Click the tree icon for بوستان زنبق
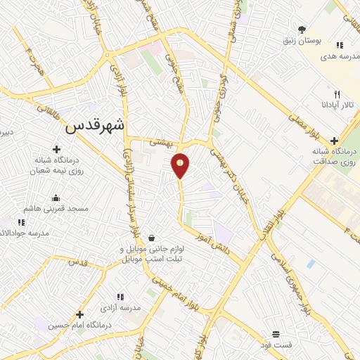coord(302,29)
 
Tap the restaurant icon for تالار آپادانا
coord(337,94)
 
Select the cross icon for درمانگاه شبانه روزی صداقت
coord(334,141)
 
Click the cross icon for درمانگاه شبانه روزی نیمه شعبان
coord(56,149)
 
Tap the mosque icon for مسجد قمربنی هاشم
coord(56,198)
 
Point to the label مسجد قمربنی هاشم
coord(58,209)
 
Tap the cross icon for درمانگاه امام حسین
coord(80,314)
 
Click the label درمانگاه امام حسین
coord(78,326)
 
